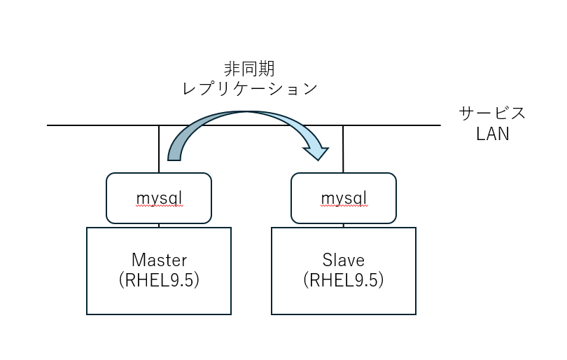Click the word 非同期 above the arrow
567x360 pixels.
(249, 69)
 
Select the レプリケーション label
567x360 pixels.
(249, 90)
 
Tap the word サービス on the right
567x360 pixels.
(492, 113)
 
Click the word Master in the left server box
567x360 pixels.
(159, 261)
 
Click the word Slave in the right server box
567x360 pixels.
(344, 261)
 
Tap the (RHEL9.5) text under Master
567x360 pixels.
(159, 281)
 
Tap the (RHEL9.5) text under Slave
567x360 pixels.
(344, 281)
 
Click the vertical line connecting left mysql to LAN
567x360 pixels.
(159, 140)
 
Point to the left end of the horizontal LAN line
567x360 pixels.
(48, 125)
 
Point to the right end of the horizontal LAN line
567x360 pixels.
(439, 125)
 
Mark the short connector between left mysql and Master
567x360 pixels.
(159, 226)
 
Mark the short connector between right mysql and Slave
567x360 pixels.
(344, 226)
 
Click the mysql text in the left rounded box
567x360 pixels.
(159, 198)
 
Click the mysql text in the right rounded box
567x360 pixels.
(344, 198)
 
